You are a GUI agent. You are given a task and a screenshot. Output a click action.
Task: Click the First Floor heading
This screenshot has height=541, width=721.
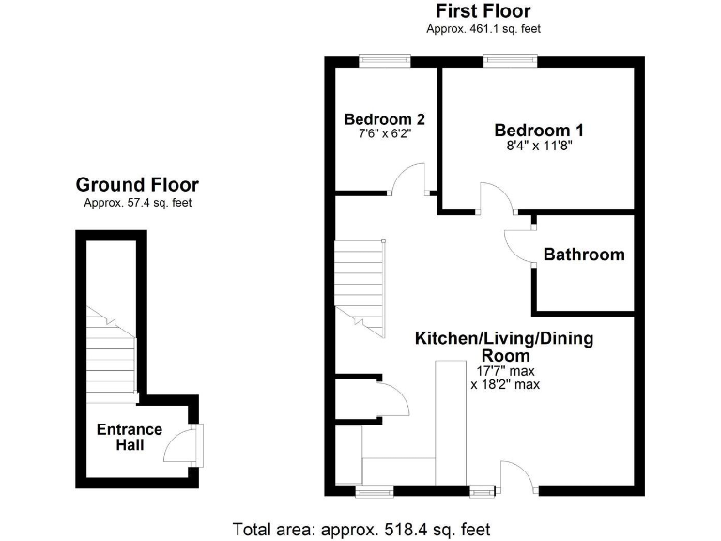(483, 11)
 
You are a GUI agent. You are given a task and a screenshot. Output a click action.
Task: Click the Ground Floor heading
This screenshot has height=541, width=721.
(137, 185)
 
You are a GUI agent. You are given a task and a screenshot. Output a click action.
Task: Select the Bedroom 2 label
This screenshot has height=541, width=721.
(384, 119)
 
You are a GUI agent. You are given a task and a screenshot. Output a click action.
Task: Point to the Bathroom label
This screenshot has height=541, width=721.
(583, 255)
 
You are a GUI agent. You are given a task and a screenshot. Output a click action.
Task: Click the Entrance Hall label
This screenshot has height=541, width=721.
(130, 437)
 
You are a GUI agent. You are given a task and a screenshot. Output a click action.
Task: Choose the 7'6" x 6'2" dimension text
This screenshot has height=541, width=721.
(384, 134)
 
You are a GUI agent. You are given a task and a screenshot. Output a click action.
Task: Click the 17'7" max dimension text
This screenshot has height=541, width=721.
(505, 370)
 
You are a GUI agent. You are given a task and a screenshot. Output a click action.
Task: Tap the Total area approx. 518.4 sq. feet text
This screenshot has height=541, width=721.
(360, 529)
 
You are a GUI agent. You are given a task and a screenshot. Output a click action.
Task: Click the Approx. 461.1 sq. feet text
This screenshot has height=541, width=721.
(483, 29)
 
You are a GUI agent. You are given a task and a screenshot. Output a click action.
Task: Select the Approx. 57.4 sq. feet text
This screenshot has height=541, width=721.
(137, 202)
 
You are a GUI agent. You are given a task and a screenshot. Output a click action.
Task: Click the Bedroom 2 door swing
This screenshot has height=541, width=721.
(408, 179)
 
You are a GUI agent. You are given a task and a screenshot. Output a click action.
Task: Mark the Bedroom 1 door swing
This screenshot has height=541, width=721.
(495, 198)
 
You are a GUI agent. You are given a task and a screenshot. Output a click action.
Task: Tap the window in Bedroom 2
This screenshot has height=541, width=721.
(385, 61)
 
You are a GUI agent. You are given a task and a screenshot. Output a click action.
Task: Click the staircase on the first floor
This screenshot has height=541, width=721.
(360, 286)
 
